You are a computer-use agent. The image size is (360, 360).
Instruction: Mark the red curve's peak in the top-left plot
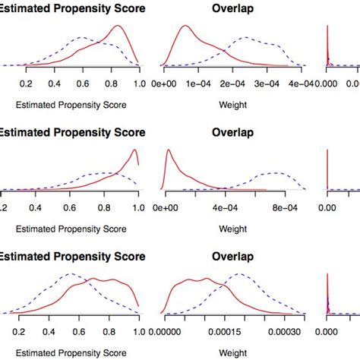tap(118, 27)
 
